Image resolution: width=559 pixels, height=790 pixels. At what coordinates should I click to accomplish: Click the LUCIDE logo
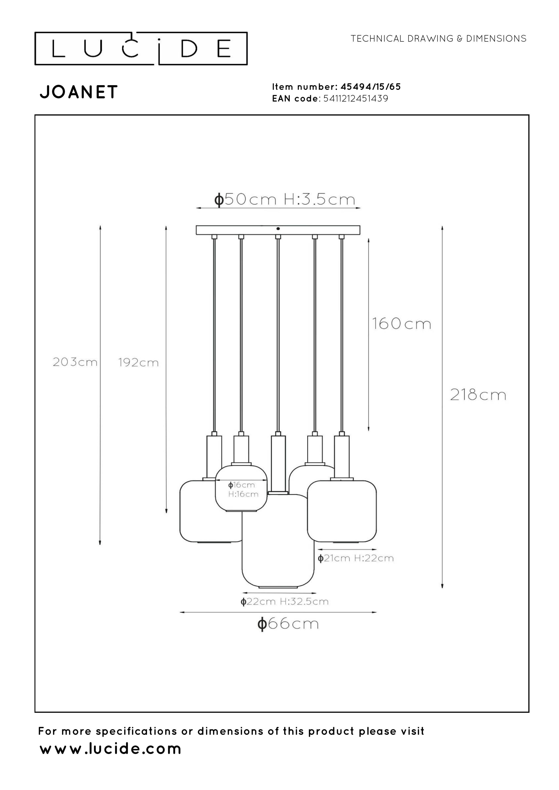pyautogui.click(x=141, y=48)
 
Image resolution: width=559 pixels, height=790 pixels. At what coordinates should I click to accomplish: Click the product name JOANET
pyautogui.click(x=79, y=92)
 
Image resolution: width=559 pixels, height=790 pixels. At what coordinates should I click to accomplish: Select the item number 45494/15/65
pyautogui.click(x=371, y=87)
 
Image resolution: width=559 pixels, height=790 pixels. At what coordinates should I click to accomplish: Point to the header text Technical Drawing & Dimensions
pyautogui.click(x=438, y=39)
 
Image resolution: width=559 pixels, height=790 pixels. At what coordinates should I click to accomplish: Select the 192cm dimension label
pyautogui.click(x=138, y=362)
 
